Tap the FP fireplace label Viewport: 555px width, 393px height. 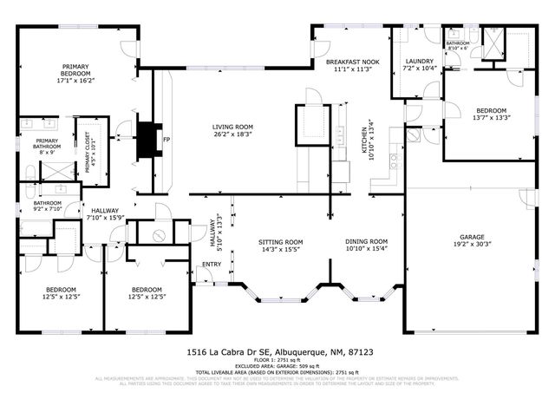pyautogui.click(x=166, y=140)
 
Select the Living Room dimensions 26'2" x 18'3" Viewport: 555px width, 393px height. pyautogui.click(x=232, y=135)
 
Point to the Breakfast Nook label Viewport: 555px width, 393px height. pyautogui.click(x=353, y=62)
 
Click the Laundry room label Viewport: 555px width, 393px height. pyautogui.click(x=420, y=61)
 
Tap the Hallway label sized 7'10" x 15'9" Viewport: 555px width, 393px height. pyautogui.click(x=105, y=213)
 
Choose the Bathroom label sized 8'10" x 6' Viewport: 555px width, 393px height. pyautogui.click(x=458, y=45)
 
